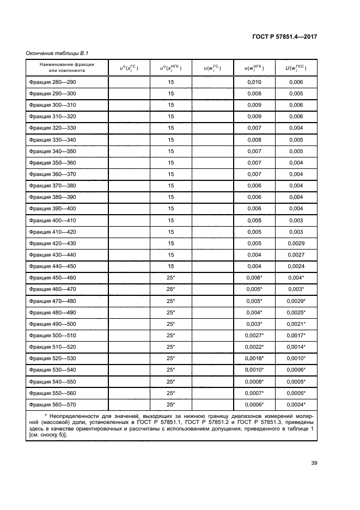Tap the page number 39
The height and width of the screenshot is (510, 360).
(314, 463)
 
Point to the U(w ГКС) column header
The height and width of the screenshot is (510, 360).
(296, 68)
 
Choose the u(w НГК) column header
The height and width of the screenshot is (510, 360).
(254, 68)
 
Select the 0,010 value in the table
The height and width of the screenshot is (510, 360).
(254, 82)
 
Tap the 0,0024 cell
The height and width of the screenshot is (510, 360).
(296, 266)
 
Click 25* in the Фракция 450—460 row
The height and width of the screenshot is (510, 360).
(170, 277)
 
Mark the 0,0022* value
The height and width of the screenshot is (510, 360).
(254, 347)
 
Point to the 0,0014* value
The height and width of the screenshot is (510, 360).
(296, 347)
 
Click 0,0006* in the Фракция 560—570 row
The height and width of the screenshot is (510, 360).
(254, 404)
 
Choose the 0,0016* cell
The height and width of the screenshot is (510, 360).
(254, 358)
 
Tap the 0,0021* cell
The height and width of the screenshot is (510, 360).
(296, 324)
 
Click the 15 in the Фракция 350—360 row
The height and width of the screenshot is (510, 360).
(170, 162)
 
